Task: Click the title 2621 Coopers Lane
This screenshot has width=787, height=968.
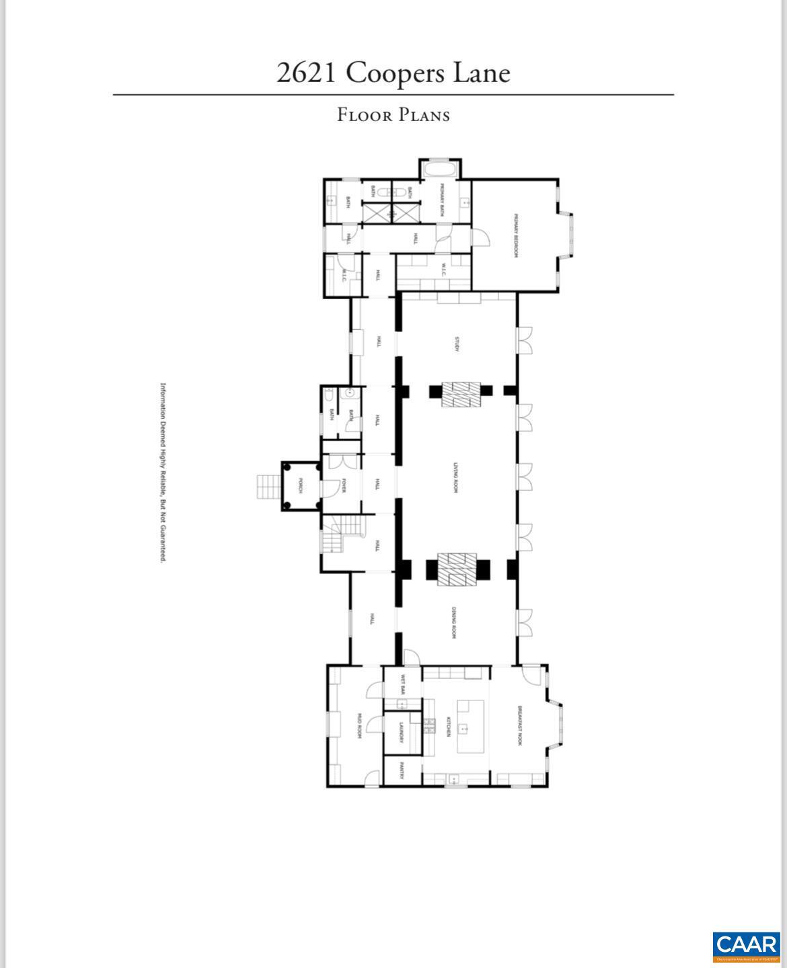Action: click(x=393, y=73)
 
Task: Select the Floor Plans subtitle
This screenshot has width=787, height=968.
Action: click(x=393, y=115)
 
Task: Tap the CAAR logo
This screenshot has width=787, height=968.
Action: click(x=746, y=945)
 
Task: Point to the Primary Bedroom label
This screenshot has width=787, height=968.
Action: click(x=516, y=235)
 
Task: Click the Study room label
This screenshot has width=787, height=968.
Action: click(x=456, y=344)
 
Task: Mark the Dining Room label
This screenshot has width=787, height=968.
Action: click(x=455, y=622)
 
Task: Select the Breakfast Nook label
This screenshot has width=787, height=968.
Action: click(x=519, y=725)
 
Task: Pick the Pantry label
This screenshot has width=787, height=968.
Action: click(x=401, y=770)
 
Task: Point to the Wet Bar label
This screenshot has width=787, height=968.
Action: click(x=402, y=684)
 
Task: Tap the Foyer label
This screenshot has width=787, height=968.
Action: click(x=343, y=485)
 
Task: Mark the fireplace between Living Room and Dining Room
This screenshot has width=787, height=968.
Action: click(x=457, y=569)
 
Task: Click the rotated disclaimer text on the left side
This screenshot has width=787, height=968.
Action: click(x=163, y=473)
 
